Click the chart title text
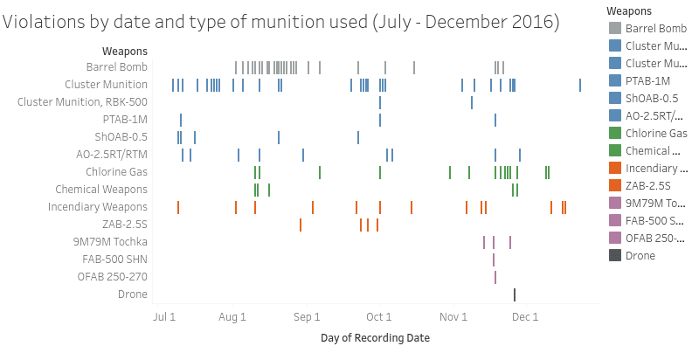(x=280, y=22)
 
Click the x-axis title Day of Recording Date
(x=375, y=337)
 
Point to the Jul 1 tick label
(x=164, y=316)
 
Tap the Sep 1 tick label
(x=307, y=316)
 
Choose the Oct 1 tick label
(x=379, y=316)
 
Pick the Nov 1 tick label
(x=453, y=316)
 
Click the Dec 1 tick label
(x=524, y=316)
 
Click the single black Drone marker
(x=515, y=294)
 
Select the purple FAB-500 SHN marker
(x=493, y=260)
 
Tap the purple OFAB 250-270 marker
(x=495, y=277)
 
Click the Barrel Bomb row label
(x=117, y=67)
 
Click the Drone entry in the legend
(x=640, y=255)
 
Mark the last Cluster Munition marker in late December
(x=580, y=85)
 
